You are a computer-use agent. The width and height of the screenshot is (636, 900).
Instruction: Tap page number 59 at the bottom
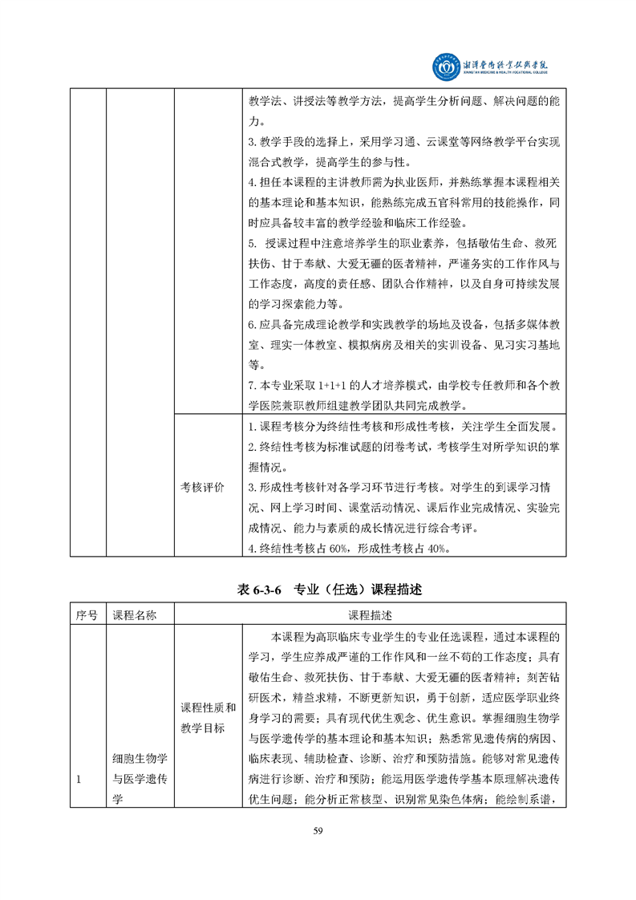click(318, 830)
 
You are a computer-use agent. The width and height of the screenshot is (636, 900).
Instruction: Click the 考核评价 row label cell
click(202, 487)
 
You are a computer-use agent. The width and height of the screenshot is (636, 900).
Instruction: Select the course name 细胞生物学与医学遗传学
click(140, 778)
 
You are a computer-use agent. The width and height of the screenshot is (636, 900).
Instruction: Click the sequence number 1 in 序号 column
click(79, 778)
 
